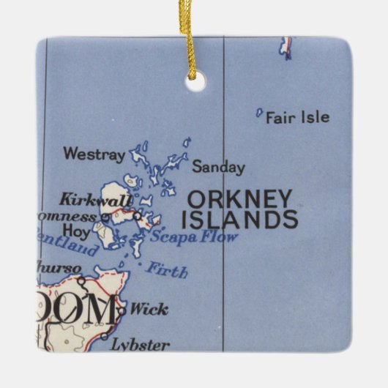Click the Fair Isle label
pos(297,117)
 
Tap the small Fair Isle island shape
pos(258,113)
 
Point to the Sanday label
pos(218,168)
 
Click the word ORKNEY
pos(240,198)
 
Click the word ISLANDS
pos(239,219)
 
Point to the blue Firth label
pos(166,270)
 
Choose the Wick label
pos(149,309)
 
